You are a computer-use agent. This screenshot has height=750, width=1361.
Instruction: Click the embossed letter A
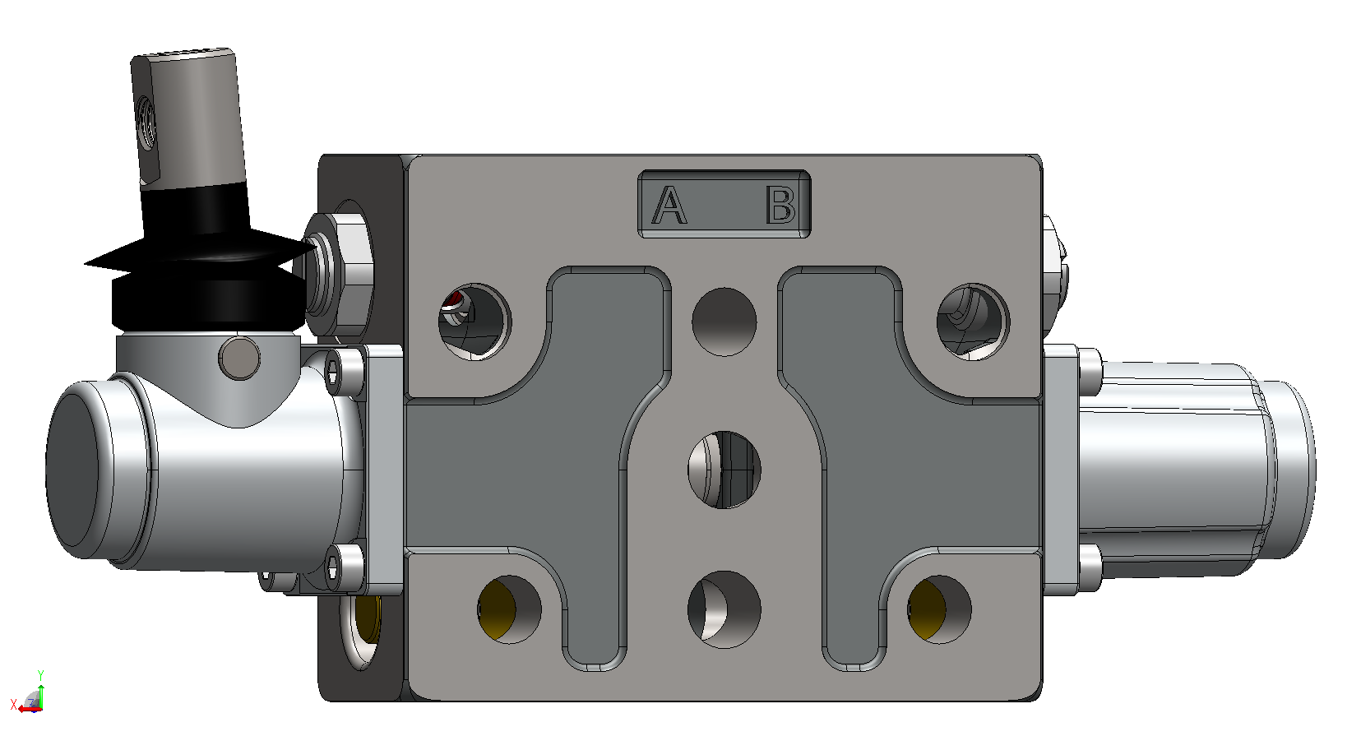[669, 206]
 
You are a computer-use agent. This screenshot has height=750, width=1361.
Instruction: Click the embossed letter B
[780, 206]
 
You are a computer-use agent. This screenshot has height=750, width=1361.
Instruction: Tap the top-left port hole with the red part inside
[474, 322]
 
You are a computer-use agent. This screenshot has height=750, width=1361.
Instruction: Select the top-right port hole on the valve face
[973, 322]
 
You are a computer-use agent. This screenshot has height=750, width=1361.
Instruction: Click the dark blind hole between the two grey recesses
[724, 322]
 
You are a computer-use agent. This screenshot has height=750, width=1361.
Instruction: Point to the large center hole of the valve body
[724, 470]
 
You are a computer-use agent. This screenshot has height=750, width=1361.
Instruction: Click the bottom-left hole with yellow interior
[509, 609]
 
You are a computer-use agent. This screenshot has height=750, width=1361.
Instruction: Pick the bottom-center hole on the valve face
[724, 609]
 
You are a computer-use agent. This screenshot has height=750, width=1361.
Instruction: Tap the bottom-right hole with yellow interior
[939, 609]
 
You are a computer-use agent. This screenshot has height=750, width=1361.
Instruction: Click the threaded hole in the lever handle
[146, 123]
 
